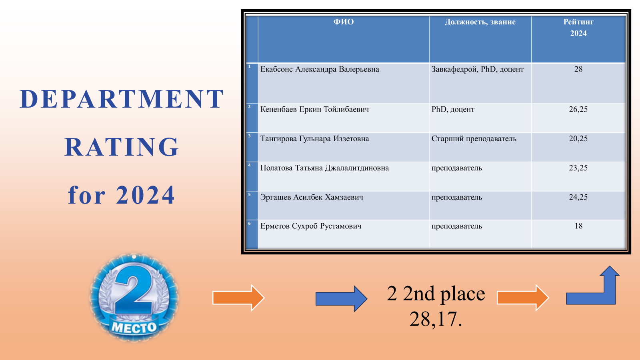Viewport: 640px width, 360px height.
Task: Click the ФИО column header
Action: pyautogui.click(x=344, y=22)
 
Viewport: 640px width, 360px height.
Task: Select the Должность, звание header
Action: pyautogui.click(x=480, y=22)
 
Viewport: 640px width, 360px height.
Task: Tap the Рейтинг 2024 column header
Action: pyautogui.click(x=578, y=28)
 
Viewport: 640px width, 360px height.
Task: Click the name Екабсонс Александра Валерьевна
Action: pyautogui.click(x=320, y=69)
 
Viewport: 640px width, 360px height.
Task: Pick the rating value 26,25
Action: pyautogui.click(x=578, y=109)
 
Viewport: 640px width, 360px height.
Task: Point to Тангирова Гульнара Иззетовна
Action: pyautogui.click(x=314, y=138)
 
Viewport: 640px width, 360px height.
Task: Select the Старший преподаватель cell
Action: pyautogui.click(x=474, y=138)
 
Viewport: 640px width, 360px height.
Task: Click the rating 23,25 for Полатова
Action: pyautogui.click(x=578, y=168)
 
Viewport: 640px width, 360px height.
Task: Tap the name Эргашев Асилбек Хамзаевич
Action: pyautogui.click(x=312, y=197)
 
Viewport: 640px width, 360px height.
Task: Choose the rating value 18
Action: pyautogui.click(x=578, y=226)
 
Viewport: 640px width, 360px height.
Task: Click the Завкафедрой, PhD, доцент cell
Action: pyautogui.click(x=478, y=70)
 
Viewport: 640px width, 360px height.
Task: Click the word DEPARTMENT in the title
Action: pyautogui.click(x=122, y=99)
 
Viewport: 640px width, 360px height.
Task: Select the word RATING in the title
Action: pyautogui.click(x=122, y=147)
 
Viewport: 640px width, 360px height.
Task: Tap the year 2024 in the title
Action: pyautogui.click(x=145, y=195)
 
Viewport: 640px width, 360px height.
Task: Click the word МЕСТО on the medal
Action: pyautogui.click(x=134, y=328)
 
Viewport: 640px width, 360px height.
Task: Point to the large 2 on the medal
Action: pyautogui.click(x=134, y=289)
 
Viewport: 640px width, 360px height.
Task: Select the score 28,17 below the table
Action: pyautogui.click(x=436, y=319)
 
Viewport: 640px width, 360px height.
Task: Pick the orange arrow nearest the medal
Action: pyautogui.click(x=238, y=298)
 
